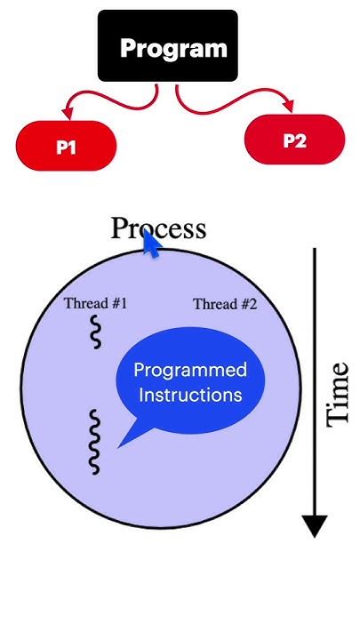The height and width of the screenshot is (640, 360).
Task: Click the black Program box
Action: pyautogui.click(x=167, y=46)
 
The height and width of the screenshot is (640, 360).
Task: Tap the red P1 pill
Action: pyautogui.click(x=66, y=148)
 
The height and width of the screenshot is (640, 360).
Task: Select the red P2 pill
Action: pyautogui.click(x=293, y=140)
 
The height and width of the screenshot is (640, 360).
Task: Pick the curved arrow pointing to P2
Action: pyautogui.click(x=231, y=100)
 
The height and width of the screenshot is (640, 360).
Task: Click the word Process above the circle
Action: pyautogui.click(x=158, y=228)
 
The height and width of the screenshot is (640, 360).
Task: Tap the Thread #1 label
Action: pyautogui.click(x=95, y=303)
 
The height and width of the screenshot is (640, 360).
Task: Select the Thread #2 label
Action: pyautogui.click(x=225, y=304)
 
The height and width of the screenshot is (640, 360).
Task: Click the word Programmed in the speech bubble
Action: pyautogui.click(x=189, y=370)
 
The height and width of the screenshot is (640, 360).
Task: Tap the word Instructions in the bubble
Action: pyautogui.click(x=188, y=394)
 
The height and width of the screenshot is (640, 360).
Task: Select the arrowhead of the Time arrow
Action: pyautogui.click(x=315, y=526)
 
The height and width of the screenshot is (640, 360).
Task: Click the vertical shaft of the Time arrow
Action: pyautogui.click(x=315, y=373)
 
